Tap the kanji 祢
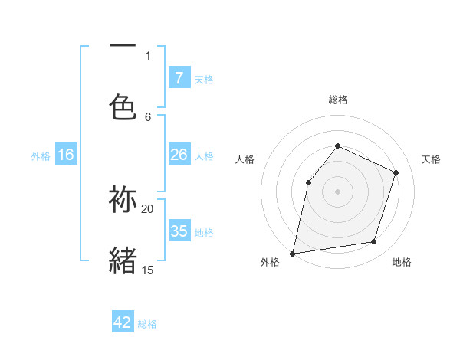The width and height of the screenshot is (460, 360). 123,200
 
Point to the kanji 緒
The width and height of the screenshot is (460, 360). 123,260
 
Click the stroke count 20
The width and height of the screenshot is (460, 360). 148,208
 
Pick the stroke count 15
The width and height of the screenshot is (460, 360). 148,270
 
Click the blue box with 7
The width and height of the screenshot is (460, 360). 179,77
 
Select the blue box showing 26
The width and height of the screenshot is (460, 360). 179,155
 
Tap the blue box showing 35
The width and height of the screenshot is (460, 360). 179,231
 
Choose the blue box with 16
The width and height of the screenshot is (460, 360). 66,155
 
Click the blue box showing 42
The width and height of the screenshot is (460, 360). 123,322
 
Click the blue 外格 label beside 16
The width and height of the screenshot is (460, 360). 41,155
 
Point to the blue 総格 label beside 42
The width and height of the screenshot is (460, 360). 147,324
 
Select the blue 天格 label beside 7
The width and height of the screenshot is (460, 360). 204,79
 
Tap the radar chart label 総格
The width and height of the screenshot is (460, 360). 338,100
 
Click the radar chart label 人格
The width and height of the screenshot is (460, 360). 245,159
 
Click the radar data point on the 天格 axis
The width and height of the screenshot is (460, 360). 396,172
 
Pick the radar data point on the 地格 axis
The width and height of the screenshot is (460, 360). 374,242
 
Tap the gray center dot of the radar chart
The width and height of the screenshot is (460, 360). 337,191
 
